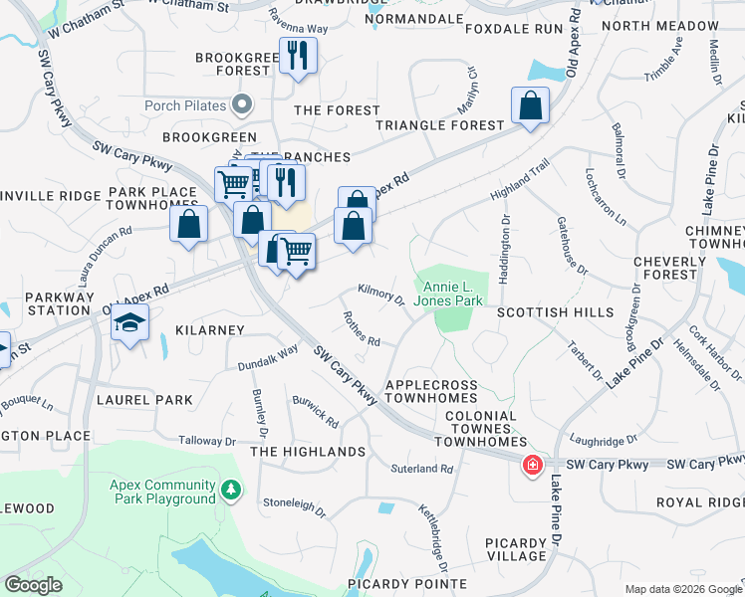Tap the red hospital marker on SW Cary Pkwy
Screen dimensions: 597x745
click(x=533, y=465)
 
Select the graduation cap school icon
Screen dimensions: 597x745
click(x=129, y=324)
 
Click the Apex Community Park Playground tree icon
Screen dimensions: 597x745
click(x=231, y=490)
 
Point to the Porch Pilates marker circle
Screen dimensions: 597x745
click(x=241, y=103)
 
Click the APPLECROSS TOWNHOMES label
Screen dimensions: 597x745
click(x=431, y=391)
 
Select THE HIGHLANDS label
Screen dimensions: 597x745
click(x=308, y=452)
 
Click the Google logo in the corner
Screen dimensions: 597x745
click(x=33, y=585)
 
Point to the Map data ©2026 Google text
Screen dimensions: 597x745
click(x=682, y=589)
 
